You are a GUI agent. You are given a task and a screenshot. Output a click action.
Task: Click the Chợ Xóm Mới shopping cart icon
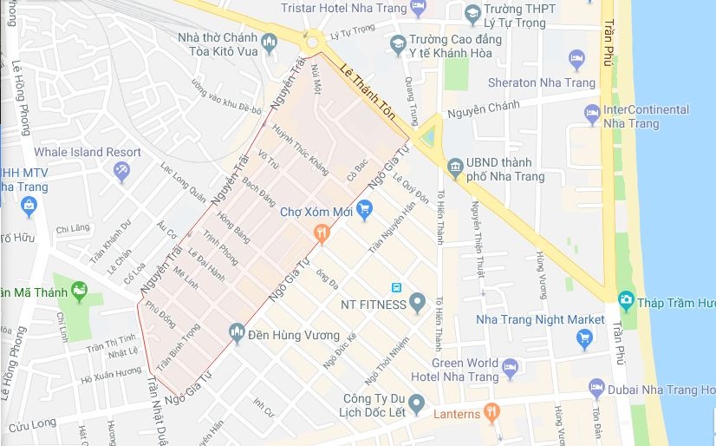pos(364,209)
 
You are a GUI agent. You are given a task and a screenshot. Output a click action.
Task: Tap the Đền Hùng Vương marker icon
pos(236,331)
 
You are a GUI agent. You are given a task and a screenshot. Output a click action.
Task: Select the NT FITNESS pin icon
pos(418,304)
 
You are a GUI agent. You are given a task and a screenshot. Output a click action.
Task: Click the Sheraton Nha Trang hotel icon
pos(577,59)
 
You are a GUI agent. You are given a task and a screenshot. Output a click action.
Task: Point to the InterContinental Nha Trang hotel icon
pos(592,114)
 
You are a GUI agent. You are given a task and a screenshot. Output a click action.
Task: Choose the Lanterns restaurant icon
pos(492,412)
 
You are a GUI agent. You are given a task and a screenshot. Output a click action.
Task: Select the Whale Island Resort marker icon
pos(121,171)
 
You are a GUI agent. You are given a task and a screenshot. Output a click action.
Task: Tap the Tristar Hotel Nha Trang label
pos(344,9)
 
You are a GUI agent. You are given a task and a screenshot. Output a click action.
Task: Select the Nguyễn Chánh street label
pos(483,108)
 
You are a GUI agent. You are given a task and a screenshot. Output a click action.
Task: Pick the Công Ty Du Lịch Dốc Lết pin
pos(417,403)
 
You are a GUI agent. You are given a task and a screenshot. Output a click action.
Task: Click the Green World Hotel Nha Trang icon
pos(511,368)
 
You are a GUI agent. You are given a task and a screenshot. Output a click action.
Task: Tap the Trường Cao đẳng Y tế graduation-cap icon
pos(397,43)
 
